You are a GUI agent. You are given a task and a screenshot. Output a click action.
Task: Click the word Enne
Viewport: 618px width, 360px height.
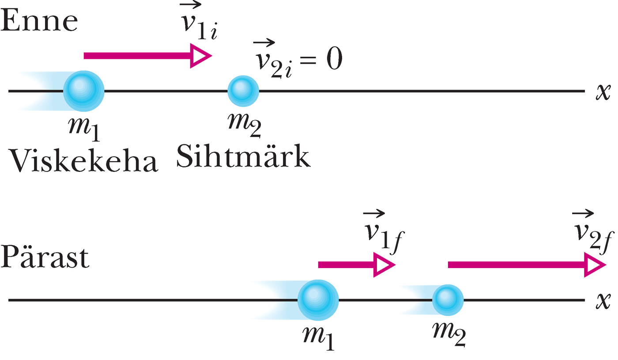tap(39, 21)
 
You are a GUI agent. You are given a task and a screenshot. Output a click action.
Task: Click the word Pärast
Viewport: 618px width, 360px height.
tap(45, 258)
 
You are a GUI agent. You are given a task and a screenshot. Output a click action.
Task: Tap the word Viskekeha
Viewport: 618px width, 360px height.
tap(83, 161)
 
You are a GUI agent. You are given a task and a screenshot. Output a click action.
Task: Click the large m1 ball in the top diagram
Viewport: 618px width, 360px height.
tap(83, 91)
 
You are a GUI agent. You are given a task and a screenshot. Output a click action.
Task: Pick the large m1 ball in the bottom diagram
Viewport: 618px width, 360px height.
tap(318, 300)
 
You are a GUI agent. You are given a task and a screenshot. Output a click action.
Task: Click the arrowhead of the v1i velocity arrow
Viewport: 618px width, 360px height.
tap(200, 56)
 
